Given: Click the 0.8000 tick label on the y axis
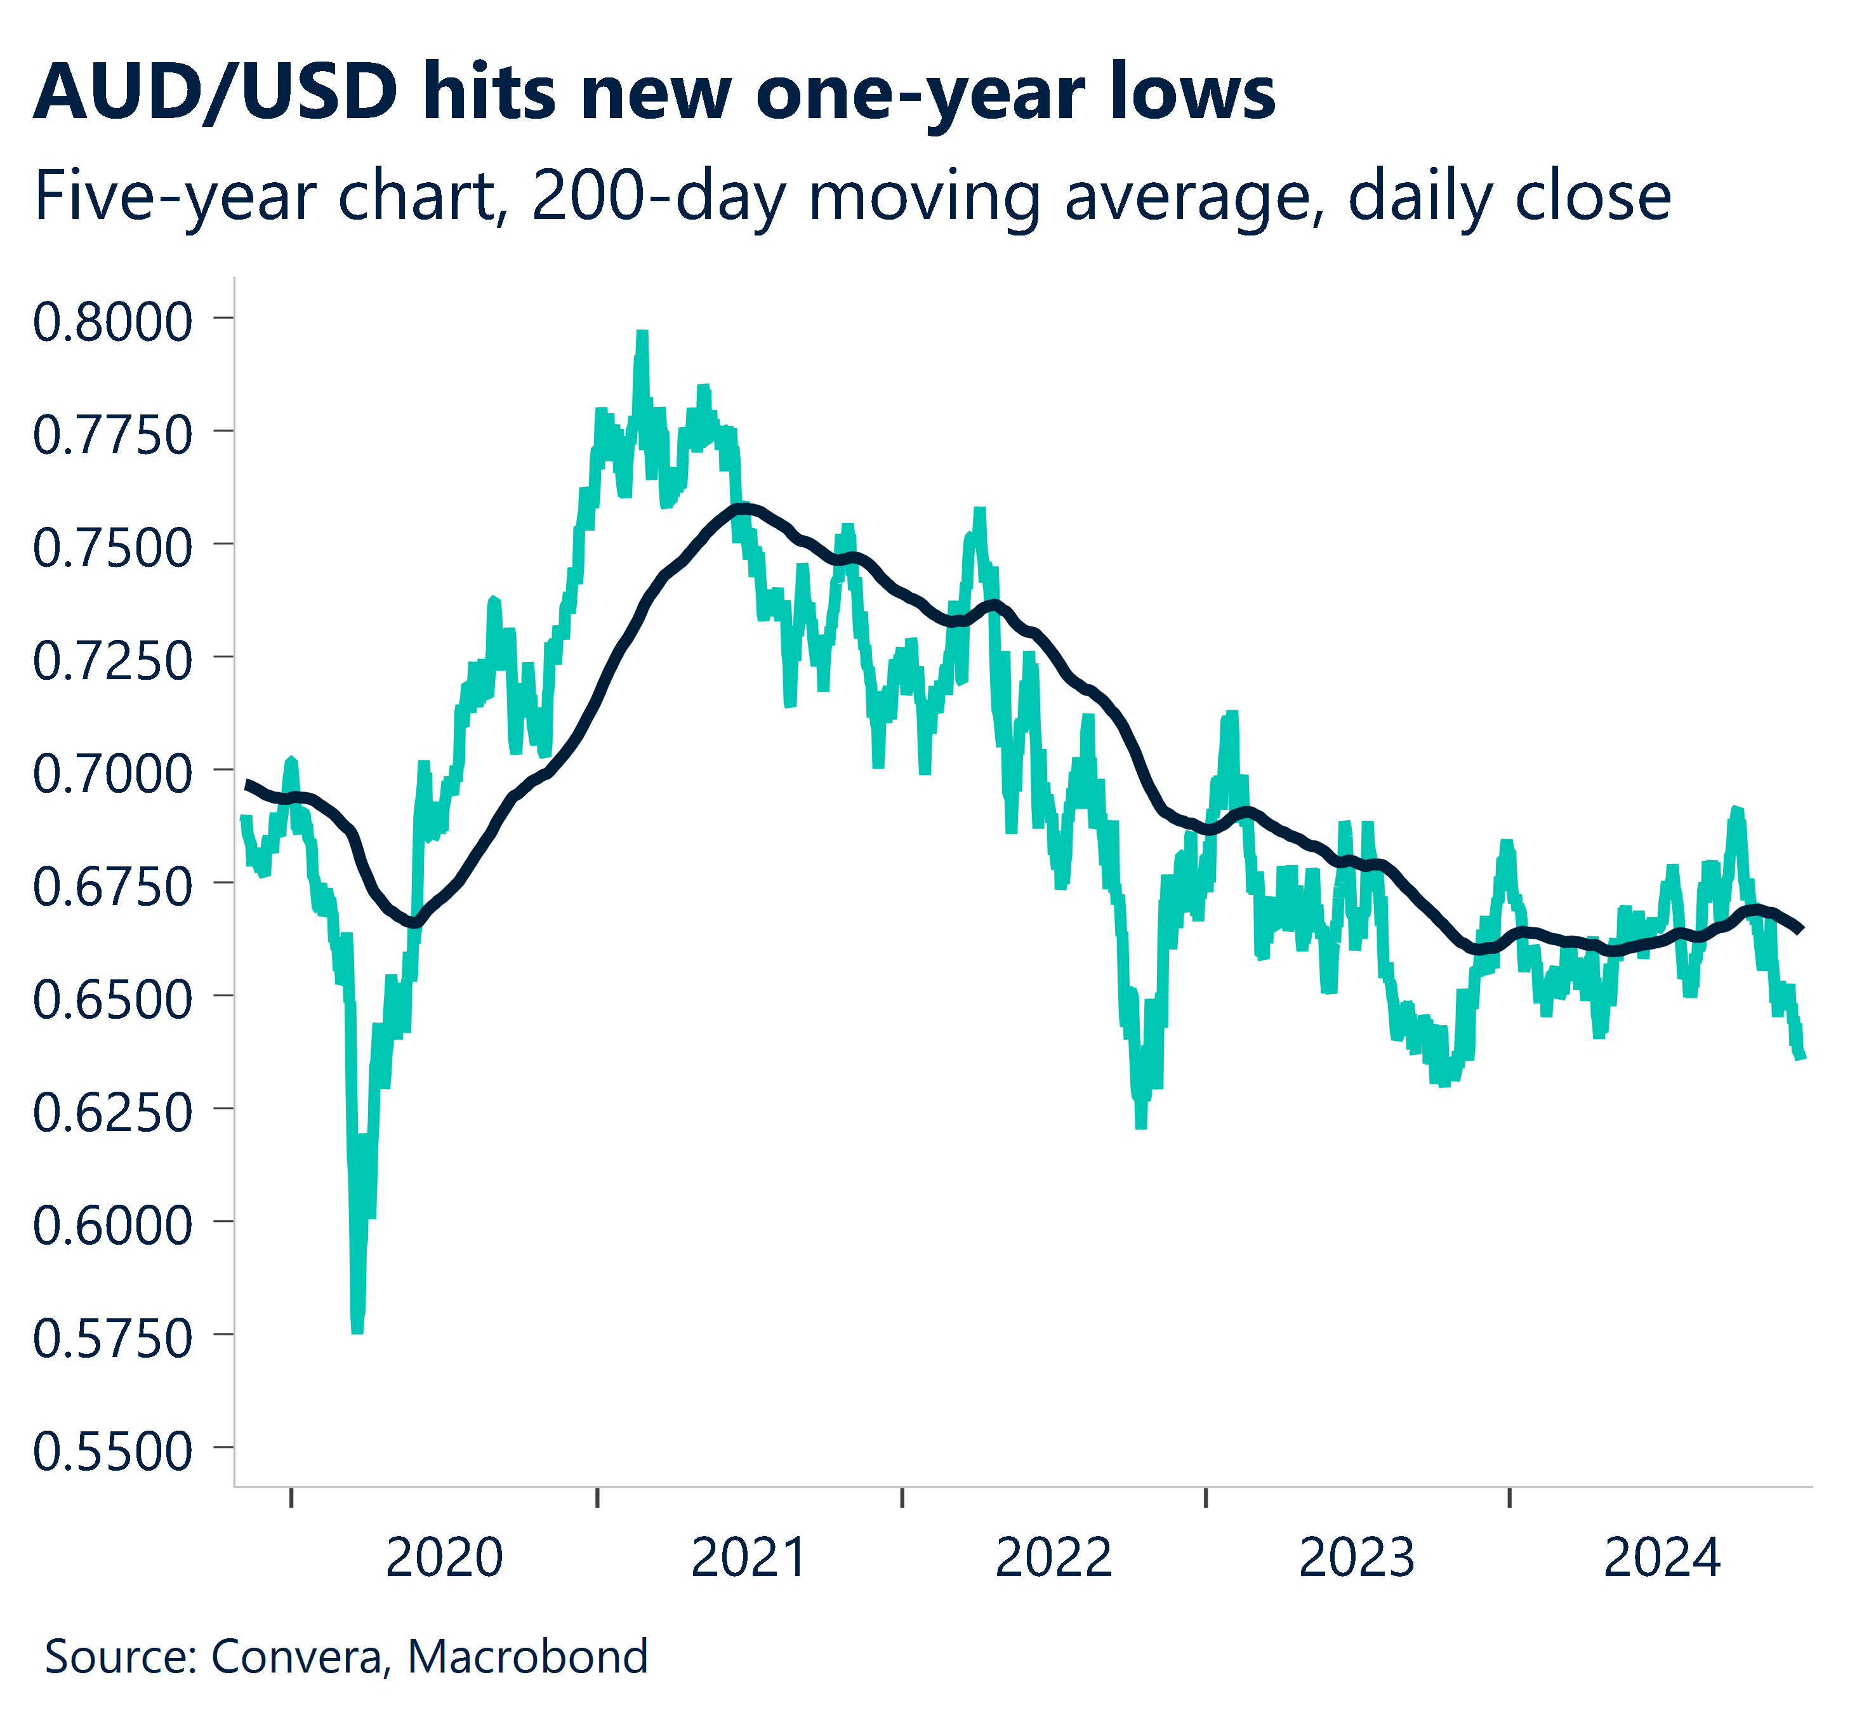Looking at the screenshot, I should pyautogui.click(x=112, y=323).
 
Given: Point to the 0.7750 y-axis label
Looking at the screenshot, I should pyautogui.click(x=112, y=436).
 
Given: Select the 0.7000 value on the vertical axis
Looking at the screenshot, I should pyautogui.click(x=112, y=774).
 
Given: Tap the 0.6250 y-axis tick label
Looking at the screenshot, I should pyautogui.click(x=112, y=1113).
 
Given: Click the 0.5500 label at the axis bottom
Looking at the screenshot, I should pyautogui.click(x=112, y=1453).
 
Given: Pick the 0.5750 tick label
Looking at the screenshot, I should pyautogui.click(x=112, y=1340).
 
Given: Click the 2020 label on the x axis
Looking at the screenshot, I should pyautogui.click(x=444, y=1559).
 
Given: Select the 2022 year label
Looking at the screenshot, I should pyautogui.click(x=1054, y=1559).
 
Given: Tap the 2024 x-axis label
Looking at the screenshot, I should pyautogui.click(x=1661, y=1559).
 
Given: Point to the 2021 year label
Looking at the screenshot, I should pyautogui.click(x=748, y=1559).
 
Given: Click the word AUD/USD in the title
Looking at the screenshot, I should pyautogui.click(x=215, y=93).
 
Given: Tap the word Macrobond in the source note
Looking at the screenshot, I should pyautogui.click(x=528, y=1657).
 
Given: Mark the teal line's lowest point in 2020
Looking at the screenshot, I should pyautogui.click(x=357, y=1328).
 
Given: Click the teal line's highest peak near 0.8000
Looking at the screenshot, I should pyautogui.click(x=642, y=334).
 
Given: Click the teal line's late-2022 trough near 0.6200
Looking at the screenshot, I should pyautogui.click(x=1140, y=1125).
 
